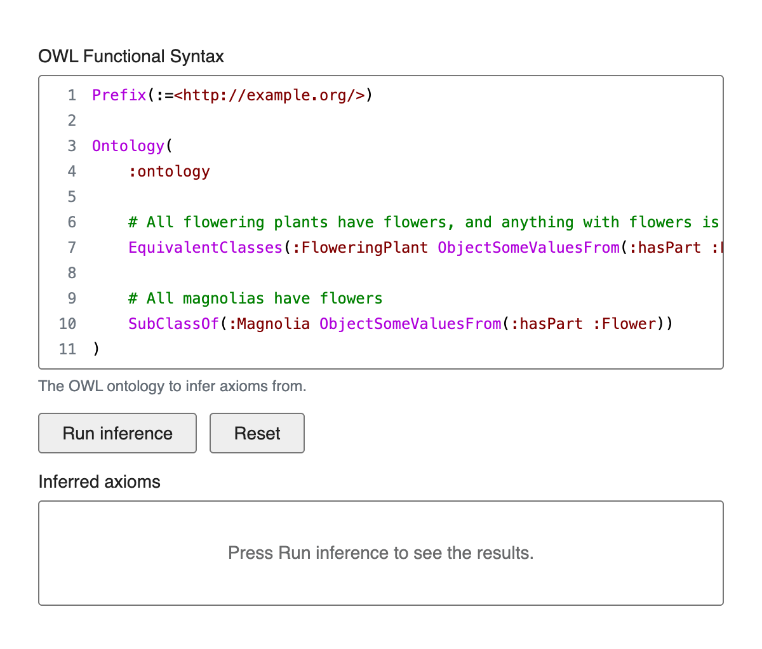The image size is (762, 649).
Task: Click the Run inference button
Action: (117, 433)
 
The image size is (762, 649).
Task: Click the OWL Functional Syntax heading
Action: (131, 57)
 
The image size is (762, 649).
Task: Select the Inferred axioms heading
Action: (99, 481)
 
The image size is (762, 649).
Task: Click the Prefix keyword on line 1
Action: (119, 95)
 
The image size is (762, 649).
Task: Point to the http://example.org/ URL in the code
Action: (269, 95)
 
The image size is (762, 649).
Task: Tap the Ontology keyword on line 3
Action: (128, 146)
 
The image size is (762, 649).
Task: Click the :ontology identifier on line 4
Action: (169, 171)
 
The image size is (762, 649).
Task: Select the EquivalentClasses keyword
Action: (205, 248)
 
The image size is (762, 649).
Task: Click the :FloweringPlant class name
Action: (361, 248)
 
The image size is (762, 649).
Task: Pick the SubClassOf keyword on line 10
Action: (173, 324)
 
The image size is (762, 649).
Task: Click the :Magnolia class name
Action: (269, 324)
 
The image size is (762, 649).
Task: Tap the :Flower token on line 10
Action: (624, 324)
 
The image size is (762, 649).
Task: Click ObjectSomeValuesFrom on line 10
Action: (410, 324)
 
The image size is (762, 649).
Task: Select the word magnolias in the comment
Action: (224, 298)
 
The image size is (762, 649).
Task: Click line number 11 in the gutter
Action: (67, 349)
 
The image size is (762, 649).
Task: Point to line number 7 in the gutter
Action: (72, 248)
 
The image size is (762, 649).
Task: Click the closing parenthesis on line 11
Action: (97, 349)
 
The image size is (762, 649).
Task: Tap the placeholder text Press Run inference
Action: (380, 552)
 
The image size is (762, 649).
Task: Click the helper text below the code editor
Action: (172, 386)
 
